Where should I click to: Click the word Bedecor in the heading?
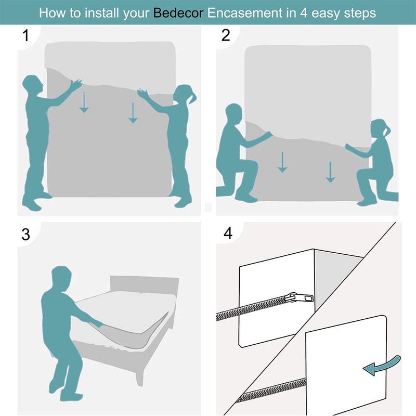[x=178, y=12]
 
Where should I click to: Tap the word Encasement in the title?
[x=244, y=12]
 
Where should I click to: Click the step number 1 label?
[x=25, y=35]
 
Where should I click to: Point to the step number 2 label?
[x=226, y=35]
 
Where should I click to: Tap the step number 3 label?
[x=25, y=235]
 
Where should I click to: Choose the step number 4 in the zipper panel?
[x=228, y=233]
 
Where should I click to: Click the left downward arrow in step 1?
[x=84, y=102]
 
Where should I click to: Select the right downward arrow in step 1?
[x=133, y=113]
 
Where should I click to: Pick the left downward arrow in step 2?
[x=282, y=162]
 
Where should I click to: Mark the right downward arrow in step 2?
[x=330, y=172]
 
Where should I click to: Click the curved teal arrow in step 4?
[x=381, y=366]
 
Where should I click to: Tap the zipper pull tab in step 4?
[x=300, y=297]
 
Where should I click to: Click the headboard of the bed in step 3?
[x=145, y=285]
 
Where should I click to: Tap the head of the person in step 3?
[x=61, y=276]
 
